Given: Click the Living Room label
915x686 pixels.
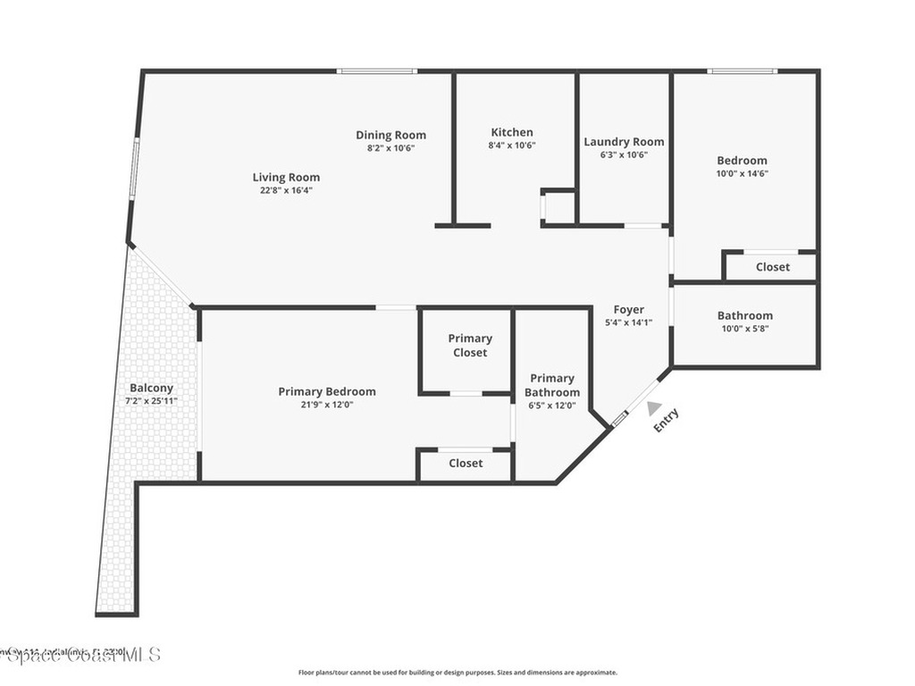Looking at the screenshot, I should (286, 177).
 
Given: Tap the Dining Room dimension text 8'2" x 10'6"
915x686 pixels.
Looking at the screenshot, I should (390, 147).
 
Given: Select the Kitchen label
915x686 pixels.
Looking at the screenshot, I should (512, 132).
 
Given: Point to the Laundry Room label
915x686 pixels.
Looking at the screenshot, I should (624, 141).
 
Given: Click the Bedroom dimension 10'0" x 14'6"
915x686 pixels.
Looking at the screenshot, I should (742, 173).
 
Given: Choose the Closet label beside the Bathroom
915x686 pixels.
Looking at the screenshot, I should (772, 266).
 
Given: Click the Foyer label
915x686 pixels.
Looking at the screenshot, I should (628, 310).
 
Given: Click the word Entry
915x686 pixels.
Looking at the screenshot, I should (667, 420).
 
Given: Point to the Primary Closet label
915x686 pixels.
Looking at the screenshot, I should (470, 345).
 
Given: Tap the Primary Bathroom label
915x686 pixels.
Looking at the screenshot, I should (551, 385).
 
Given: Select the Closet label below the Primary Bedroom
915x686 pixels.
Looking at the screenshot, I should (466, 463).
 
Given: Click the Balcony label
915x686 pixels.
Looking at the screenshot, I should (151, 388).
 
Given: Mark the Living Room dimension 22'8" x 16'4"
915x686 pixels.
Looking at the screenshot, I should (286, 189).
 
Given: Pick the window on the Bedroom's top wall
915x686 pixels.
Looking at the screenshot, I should (742, 71).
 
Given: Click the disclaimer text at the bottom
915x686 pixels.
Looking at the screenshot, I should (457, 673).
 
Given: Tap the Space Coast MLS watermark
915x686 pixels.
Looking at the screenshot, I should (80, 655).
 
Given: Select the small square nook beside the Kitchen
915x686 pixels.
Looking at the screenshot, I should (558, 207).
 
